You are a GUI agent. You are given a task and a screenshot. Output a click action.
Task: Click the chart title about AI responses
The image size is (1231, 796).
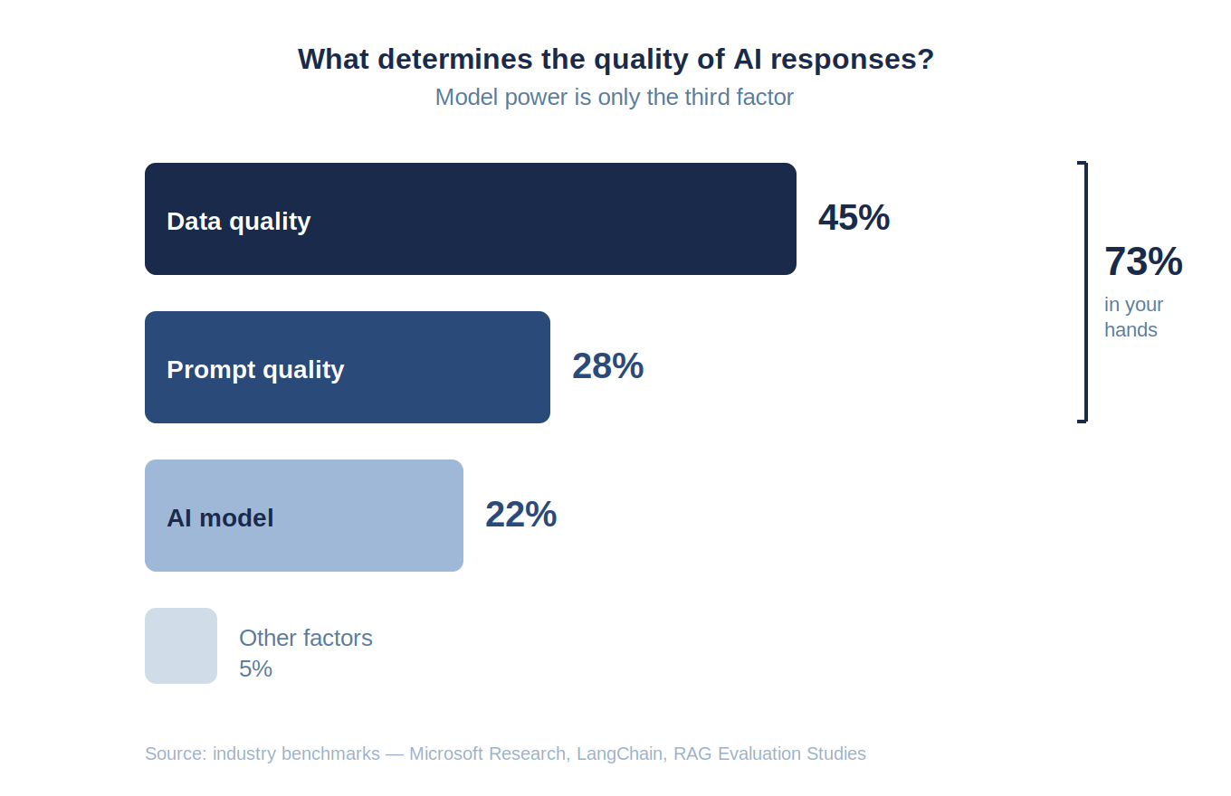coord(615,60)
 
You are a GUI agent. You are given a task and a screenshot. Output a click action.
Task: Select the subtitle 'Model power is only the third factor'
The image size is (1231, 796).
coord(614,97)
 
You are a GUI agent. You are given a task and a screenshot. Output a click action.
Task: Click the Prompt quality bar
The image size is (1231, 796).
coord(434,367)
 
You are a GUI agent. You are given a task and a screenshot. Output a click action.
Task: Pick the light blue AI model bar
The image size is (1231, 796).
coord(362,516)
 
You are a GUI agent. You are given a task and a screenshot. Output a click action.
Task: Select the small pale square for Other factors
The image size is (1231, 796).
coord(181,646)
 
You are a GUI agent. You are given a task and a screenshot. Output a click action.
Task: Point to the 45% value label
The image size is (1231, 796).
coord(854,218)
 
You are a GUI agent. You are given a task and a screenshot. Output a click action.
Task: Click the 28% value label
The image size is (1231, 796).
coord(607,366)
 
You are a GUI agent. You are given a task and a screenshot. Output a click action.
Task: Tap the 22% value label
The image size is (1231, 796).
coord(520,515)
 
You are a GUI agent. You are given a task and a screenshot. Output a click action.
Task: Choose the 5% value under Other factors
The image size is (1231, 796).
coord(255,668)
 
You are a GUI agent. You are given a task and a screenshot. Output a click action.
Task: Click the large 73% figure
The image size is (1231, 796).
coord(1142,262)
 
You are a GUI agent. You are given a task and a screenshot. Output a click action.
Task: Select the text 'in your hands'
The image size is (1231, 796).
coord(1132,317)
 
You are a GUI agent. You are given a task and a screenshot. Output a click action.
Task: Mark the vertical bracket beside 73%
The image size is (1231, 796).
coord(1083,291)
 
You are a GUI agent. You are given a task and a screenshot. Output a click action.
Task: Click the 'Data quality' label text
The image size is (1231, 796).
coord(238,222)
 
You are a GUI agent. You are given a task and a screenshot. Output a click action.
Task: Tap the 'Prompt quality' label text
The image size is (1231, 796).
coord(255,370)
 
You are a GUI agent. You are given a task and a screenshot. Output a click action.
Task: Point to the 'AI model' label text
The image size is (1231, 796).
coord(220,518)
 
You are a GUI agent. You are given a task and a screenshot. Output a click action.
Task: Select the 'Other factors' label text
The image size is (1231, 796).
coord(305,638)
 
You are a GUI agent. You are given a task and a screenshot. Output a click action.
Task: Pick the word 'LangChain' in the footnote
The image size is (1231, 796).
coord(619,753)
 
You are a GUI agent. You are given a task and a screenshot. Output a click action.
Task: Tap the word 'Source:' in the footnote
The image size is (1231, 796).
coord(176,753)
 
